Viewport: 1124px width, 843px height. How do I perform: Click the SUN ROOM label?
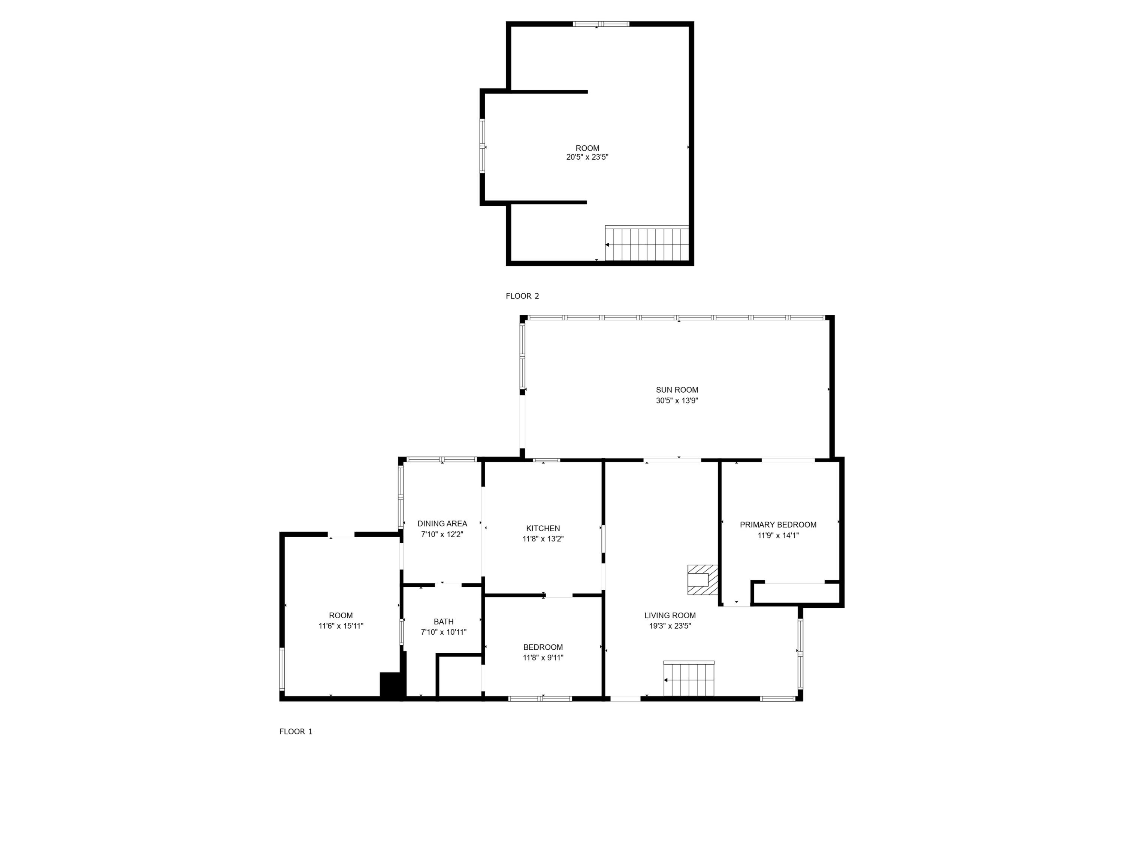click(677, 390)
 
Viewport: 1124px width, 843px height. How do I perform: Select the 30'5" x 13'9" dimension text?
click(677, 401)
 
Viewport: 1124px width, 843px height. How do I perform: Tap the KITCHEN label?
click(543, 528)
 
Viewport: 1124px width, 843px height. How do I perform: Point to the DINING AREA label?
click(442, 523)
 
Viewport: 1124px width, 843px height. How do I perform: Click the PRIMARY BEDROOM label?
click(778, 525)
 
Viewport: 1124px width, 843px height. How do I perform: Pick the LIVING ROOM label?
click(670, 615)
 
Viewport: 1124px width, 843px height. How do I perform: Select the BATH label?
click(444, 622)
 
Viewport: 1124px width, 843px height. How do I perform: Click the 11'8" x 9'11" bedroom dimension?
click(543, 658)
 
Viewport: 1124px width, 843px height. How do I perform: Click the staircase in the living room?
click(689, 679)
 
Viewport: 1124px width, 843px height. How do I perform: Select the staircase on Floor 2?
click(646, 244)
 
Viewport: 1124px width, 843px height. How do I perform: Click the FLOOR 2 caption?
click(522, 296)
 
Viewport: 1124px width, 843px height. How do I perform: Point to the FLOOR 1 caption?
click(296, 731)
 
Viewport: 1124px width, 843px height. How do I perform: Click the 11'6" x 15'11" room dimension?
click(341, 626)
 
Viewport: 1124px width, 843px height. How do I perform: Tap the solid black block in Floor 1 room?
click(391, 685)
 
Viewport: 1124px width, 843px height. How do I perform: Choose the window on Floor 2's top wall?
click(601, 24)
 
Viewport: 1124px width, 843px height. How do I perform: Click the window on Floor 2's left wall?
click(482, 146)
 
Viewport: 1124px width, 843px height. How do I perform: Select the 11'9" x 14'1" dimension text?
click(778, 535)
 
